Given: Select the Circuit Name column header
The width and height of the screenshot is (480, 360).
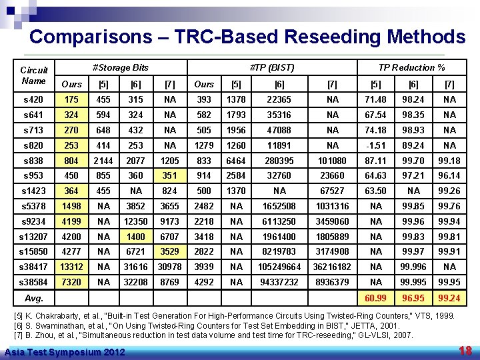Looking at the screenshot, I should coord(33,75).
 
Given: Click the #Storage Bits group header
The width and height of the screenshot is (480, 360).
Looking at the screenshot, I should coord(120,67).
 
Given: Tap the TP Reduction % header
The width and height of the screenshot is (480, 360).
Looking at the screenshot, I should coord(411,67).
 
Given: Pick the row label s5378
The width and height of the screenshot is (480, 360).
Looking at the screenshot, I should coord(34,206).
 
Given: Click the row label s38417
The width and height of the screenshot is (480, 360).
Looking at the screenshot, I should coord(34,267).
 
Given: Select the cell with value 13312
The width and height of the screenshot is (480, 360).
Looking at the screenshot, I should coord(71,267).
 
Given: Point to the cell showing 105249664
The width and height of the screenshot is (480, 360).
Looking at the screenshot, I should coord(279,267).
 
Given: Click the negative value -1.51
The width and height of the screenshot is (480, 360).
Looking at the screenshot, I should coord(376,145).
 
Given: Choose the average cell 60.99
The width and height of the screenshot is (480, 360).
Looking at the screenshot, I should coord(376,297).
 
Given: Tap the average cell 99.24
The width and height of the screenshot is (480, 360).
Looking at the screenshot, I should coord(449,297).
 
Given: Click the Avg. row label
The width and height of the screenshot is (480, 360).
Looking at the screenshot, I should coord(34,297).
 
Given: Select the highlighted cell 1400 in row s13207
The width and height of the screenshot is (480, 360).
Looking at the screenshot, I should coord(136,236).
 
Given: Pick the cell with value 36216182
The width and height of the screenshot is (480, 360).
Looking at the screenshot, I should coord(332,267).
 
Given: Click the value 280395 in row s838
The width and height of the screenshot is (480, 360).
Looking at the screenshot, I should coord(279,161).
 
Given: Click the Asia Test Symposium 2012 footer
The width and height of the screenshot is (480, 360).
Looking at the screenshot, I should coord(63,351).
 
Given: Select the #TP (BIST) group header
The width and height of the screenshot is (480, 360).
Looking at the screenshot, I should coord(271,67).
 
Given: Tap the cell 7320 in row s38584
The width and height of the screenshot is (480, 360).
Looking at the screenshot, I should coord(71,282).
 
